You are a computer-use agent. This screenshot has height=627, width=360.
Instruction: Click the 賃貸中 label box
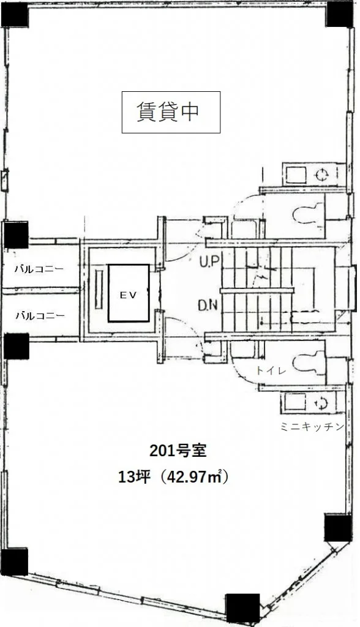171,112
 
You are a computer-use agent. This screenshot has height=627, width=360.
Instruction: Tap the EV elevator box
129,293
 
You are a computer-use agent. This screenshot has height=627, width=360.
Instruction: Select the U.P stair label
208,262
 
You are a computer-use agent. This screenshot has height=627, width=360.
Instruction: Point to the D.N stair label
208,306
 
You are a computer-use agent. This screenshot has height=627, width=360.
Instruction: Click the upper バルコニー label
39,269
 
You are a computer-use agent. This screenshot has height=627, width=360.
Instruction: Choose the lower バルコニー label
40,315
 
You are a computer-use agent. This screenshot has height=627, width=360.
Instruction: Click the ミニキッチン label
312,427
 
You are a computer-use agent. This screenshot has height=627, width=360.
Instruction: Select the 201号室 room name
178,451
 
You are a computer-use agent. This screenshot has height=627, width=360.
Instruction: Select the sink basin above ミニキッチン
296,402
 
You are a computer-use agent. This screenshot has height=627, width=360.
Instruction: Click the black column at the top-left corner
15,15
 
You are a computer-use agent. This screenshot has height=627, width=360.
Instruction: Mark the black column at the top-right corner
340,14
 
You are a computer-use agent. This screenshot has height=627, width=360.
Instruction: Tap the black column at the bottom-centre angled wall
242,608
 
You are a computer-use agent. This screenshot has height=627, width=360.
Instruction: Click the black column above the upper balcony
16,235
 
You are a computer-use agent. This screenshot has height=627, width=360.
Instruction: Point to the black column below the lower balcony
17,347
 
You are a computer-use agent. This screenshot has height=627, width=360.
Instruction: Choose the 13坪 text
134,477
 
